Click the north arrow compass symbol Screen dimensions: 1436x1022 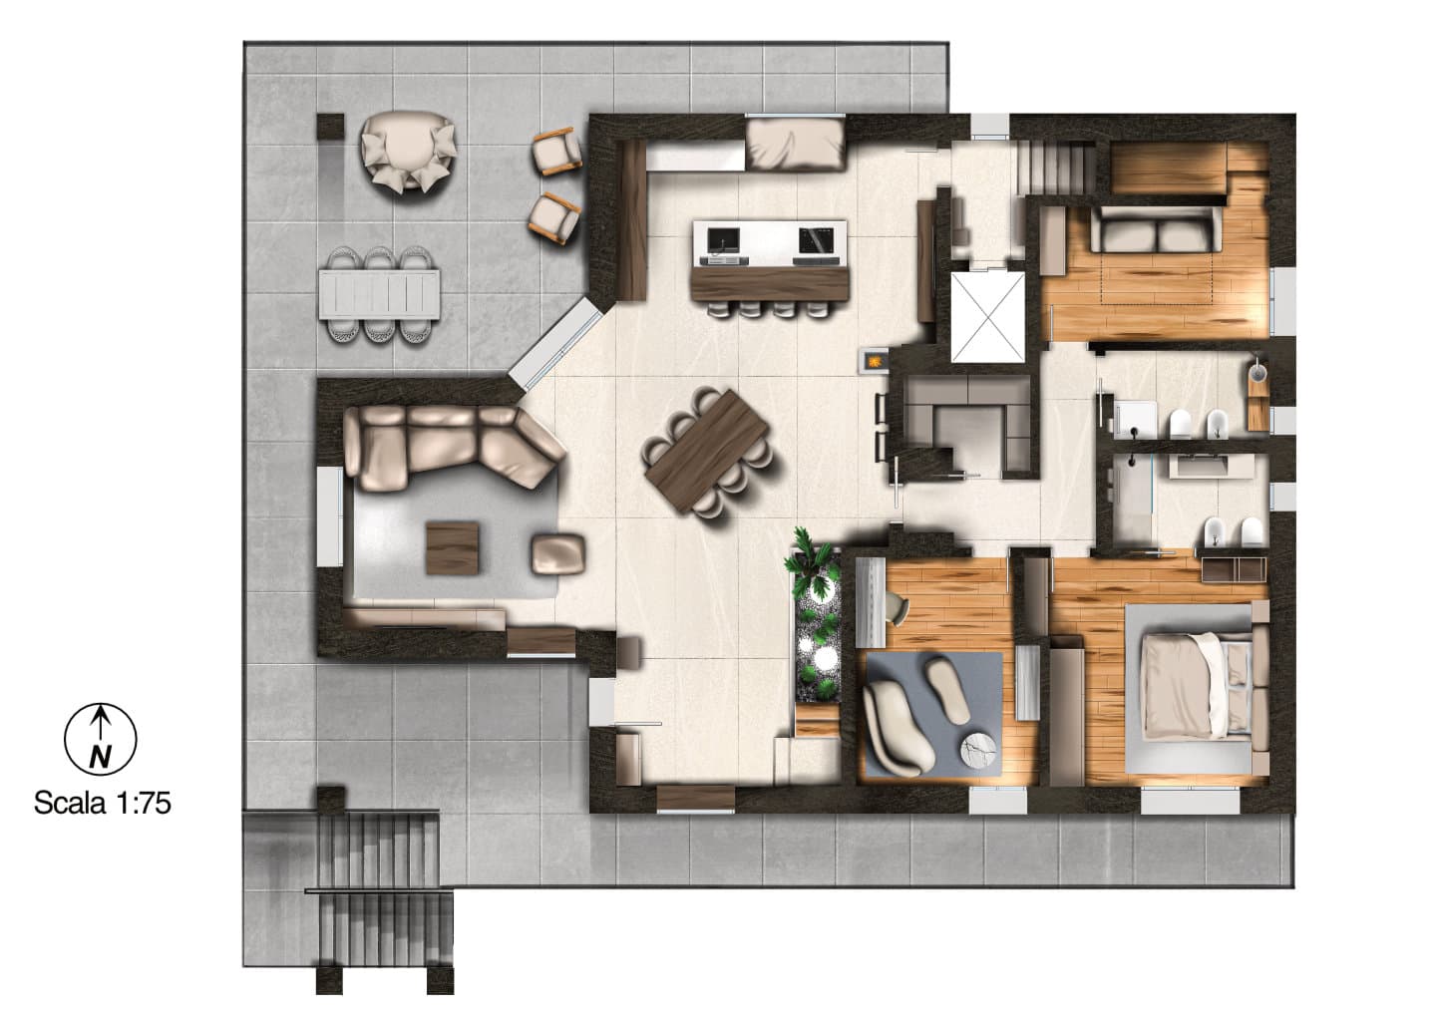(100, 739)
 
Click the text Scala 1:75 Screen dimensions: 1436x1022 (103, 803)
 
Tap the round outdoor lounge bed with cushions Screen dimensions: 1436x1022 (409, 152)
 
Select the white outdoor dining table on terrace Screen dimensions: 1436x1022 (379, 294)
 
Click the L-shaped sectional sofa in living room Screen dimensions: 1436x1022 (449, 446)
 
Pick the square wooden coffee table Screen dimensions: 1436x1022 (453, 548)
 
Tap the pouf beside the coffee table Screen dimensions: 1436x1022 (557, 553)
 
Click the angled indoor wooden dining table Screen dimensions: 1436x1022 (707, 451)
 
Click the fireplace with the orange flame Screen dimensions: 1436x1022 (875, 360)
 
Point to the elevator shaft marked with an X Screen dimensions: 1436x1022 (988, 317)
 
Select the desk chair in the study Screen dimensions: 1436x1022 (897, 606)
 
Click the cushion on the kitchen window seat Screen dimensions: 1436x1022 (795, 146)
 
